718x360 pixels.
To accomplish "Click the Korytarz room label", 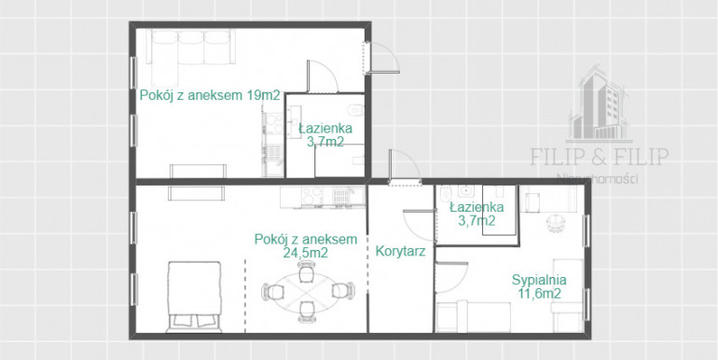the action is pos(401,252).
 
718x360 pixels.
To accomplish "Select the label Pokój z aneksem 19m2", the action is pos(209,96).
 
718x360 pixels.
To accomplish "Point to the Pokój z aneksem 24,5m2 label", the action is pos(306,245).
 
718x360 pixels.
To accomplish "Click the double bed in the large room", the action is pos(194,297).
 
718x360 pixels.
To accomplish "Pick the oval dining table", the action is pos(307,291).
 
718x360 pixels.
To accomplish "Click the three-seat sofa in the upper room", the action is pos(191,48).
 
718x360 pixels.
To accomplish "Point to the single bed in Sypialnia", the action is pos(473,316).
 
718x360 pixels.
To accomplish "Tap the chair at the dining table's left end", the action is pos(270,291).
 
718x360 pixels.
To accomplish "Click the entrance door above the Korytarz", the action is pos(404,168).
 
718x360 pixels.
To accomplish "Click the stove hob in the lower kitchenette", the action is pos(311,197).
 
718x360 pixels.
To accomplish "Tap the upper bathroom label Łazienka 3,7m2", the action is pos(325,135).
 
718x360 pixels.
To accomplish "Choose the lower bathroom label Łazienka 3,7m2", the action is pos(476,214).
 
